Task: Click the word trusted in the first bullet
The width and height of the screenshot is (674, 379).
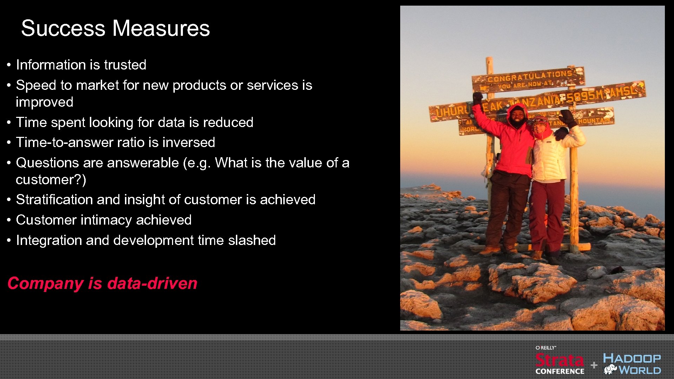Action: coord(125,65)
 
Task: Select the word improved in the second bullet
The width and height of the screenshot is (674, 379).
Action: coord(45,102)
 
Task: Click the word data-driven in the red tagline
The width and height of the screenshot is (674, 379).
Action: coord(152,283)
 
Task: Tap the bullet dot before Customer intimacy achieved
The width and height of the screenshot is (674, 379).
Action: coord(9,220)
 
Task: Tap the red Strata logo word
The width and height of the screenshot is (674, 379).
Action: coord(560,360)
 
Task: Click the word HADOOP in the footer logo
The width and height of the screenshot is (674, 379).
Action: coord(632,359)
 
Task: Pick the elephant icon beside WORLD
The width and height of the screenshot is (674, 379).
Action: coord(610,370)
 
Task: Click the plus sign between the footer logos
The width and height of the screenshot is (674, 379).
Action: coord(594,365)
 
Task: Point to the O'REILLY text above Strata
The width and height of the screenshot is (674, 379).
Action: coord(546,348)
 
